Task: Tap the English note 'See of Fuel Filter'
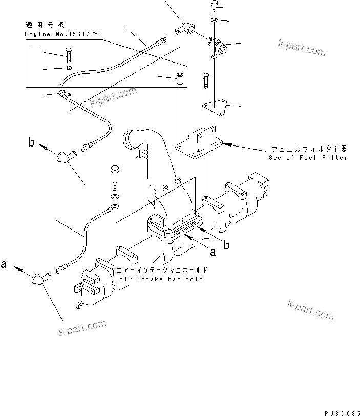click(x=308, y=157)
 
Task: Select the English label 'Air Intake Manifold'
click(x=161, y=279)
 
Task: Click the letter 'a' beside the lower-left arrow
click(x=4, y=264)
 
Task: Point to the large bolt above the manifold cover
click(x=115, y=176)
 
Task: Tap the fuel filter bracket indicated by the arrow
click(x=200, y=141)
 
